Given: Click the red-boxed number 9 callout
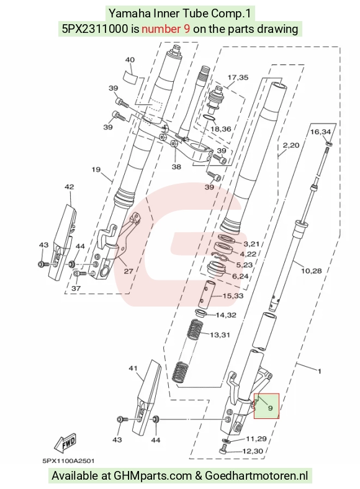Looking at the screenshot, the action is coord(270,408).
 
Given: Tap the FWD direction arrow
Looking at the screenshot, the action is coord(65,443).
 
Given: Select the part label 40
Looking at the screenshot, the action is coord(130,60).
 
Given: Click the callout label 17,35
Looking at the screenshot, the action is coord(238,78).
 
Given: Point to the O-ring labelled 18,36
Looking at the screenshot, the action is coord(208,118).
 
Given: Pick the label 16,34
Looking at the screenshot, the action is coord(320,132).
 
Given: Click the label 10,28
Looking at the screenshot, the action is coord(311,271).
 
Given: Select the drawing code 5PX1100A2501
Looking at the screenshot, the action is coord(68,460).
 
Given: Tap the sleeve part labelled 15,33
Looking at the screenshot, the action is coord(207,293).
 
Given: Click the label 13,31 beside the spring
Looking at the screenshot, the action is coord(220,335).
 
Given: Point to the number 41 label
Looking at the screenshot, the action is coord(133,369).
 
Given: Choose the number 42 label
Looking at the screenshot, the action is coord(70,187).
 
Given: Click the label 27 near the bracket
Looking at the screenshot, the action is coord(128,271).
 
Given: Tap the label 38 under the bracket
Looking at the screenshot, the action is coord(176,167).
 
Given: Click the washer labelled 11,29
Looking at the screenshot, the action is coord(226,441).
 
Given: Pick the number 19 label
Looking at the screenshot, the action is coord(96,169).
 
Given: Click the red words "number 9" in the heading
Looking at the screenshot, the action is coord(166,29).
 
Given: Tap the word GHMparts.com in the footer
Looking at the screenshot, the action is coord(153,476).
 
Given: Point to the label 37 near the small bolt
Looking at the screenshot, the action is coord(76,289).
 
